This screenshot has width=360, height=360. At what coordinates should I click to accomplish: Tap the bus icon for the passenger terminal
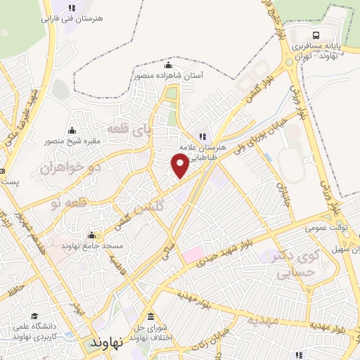(316, 34)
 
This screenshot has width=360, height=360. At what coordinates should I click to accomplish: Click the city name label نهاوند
(107, 342)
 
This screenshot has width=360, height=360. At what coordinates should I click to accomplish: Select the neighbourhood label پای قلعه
(129, 129)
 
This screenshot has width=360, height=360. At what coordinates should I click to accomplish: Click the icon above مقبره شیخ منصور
(72, 130)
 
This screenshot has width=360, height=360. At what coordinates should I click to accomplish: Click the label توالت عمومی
(322, 227)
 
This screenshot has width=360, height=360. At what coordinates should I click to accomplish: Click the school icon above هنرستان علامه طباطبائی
(202, 136)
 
